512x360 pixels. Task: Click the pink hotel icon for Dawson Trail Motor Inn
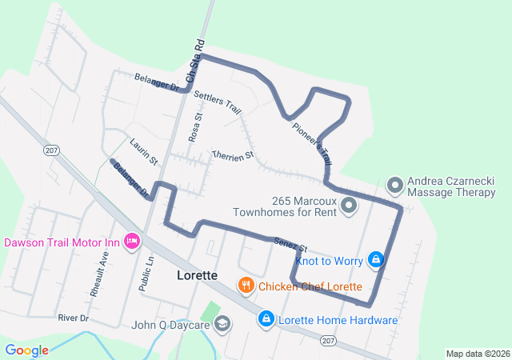point(133,242)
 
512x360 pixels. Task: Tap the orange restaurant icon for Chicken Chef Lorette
point(246,286)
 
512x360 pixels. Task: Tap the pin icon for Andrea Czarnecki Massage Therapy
point(394,186)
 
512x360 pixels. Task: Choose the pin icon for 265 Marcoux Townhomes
point(349,206)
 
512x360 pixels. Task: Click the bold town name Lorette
point(196,275)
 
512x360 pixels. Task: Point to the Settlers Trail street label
point(218,101)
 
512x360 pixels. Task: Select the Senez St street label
point(290,242)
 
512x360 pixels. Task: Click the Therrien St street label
point(232,153)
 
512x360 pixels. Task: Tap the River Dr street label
point(73,318)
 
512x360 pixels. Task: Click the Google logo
point(26,350)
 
